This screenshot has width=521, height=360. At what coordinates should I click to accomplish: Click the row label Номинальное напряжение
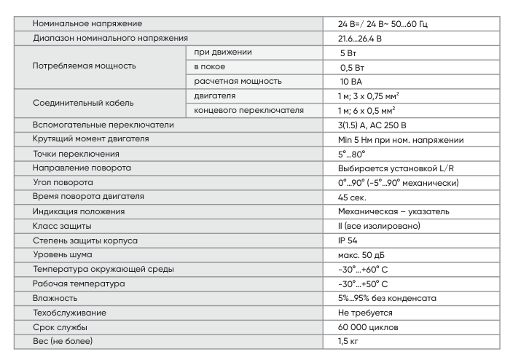click(88, 24)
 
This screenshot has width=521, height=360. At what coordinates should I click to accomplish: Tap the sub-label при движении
click(223, 52)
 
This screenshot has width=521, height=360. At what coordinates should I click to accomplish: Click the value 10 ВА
click(343, 82)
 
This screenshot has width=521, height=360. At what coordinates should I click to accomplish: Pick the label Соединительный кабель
click(83, 103)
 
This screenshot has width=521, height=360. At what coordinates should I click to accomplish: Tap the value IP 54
click(340, 240)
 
